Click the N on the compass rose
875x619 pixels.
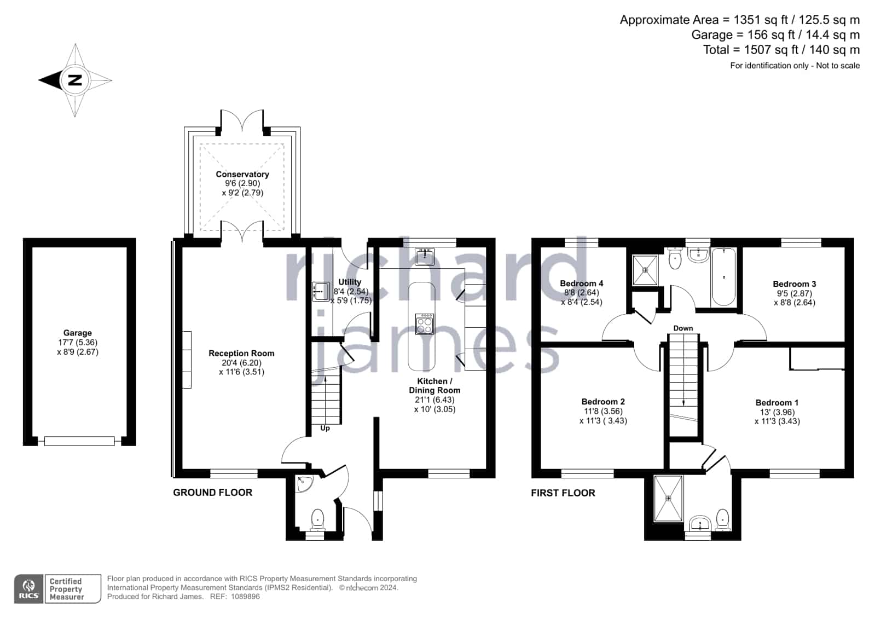[x=75, y=80]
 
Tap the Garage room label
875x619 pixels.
[x=77, y=333]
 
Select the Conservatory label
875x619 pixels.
[x=242, y=174]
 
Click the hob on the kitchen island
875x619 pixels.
[x=425, y=324]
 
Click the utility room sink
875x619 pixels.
[x=321, y=292]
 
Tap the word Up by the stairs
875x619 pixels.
[x=325, y=429]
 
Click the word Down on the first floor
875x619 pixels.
[x=683, y=328]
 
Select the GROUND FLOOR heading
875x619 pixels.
[x=212, y=493]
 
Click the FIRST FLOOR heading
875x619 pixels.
[x=563, y=493]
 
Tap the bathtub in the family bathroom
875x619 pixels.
[x=724, y=277]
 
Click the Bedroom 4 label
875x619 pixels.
[x=581, y=284]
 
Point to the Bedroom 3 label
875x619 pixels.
[x=794, y=284]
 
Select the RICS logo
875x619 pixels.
[x=29, y=588]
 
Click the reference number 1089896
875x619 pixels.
[x=245, y=597]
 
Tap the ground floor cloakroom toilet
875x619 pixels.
[x=317, y=520]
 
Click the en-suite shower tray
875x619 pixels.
[x=668, y=498]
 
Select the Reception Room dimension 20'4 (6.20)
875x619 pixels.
[x=241, y=363]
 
